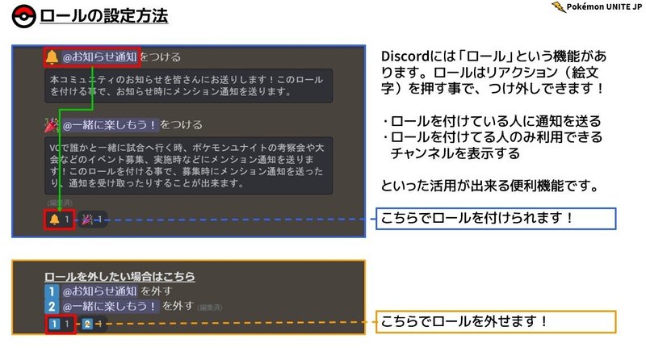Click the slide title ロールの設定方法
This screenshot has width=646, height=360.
pos(104,16)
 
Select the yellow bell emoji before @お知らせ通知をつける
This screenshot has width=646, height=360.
pos(52,57)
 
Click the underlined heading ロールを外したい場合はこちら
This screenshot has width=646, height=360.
pos(120,277)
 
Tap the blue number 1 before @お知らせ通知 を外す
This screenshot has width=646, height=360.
pos(52,291)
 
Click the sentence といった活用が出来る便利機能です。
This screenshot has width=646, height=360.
pos(489,186)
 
